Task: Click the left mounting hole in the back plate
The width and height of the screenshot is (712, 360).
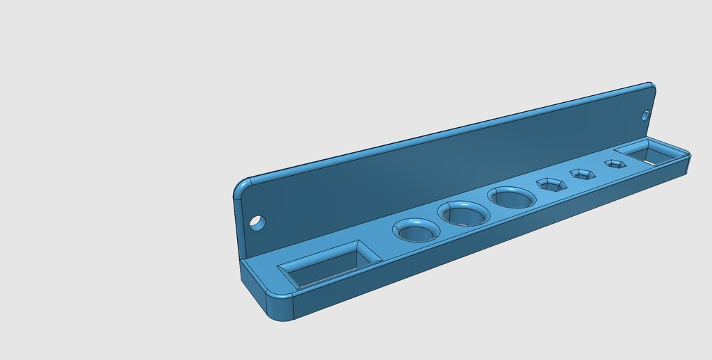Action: coord(257,223)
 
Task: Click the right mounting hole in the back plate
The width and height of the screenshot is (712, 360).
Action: coord(645,115)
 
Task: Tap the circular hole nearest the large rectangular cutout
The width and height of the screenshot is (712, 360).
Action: coord(416,231)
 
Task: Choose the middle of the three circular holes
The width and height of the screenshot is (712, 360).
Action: coord(462,213)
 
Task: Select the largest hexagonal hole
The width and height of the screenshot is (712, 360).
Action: coord(551,185)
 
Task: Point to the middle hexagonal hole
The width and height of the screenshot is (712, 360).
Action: coord(583,174)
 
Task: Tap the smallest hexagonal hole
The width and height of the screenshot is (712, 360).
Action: coord(615,164)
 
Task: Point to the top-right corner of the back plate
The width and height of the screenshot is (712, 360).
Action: coord(652,85)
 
